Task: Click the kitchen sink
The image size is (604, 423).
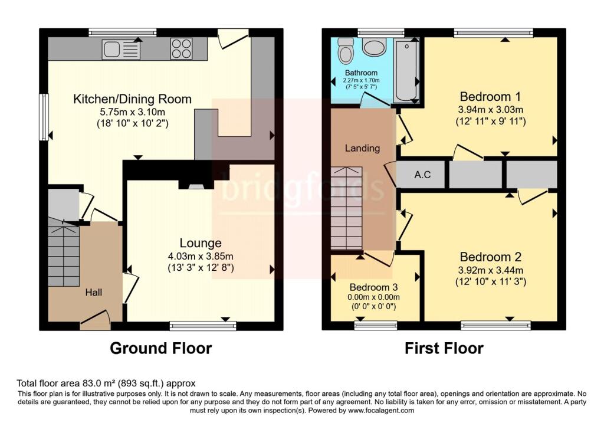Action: (121, 50)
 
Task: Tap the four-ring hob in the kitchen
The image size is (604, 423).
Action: (182, 48)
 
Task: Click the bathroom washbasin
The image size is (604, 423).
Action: (374, 47)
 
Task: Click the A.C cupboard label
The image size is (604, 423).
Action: (422, 175)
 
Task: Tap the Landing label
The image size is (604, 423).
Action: (362, 148)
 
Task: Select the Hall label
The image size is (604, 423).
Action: (94, 293)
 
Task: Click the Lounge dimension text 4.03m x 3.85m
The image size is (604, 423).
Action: (201, 256)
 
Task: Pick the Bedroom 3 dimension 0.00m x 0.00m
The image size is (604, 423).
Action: (373, 297)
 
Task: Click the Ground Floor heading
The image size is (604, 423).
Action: (161, 348)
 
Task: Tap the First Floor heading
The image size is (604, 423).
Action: (444, 348)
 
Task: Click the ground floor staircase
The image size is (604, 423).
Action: (64, 253)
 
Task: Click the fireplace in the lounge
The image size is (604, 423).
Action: (196, 184)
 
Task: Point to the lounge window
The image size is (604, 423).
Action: (203, 326)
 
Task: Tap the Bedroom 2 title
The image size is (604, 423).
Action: (490, 257)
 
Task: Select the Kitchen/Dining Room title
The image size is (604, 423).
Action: (133, 99)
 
